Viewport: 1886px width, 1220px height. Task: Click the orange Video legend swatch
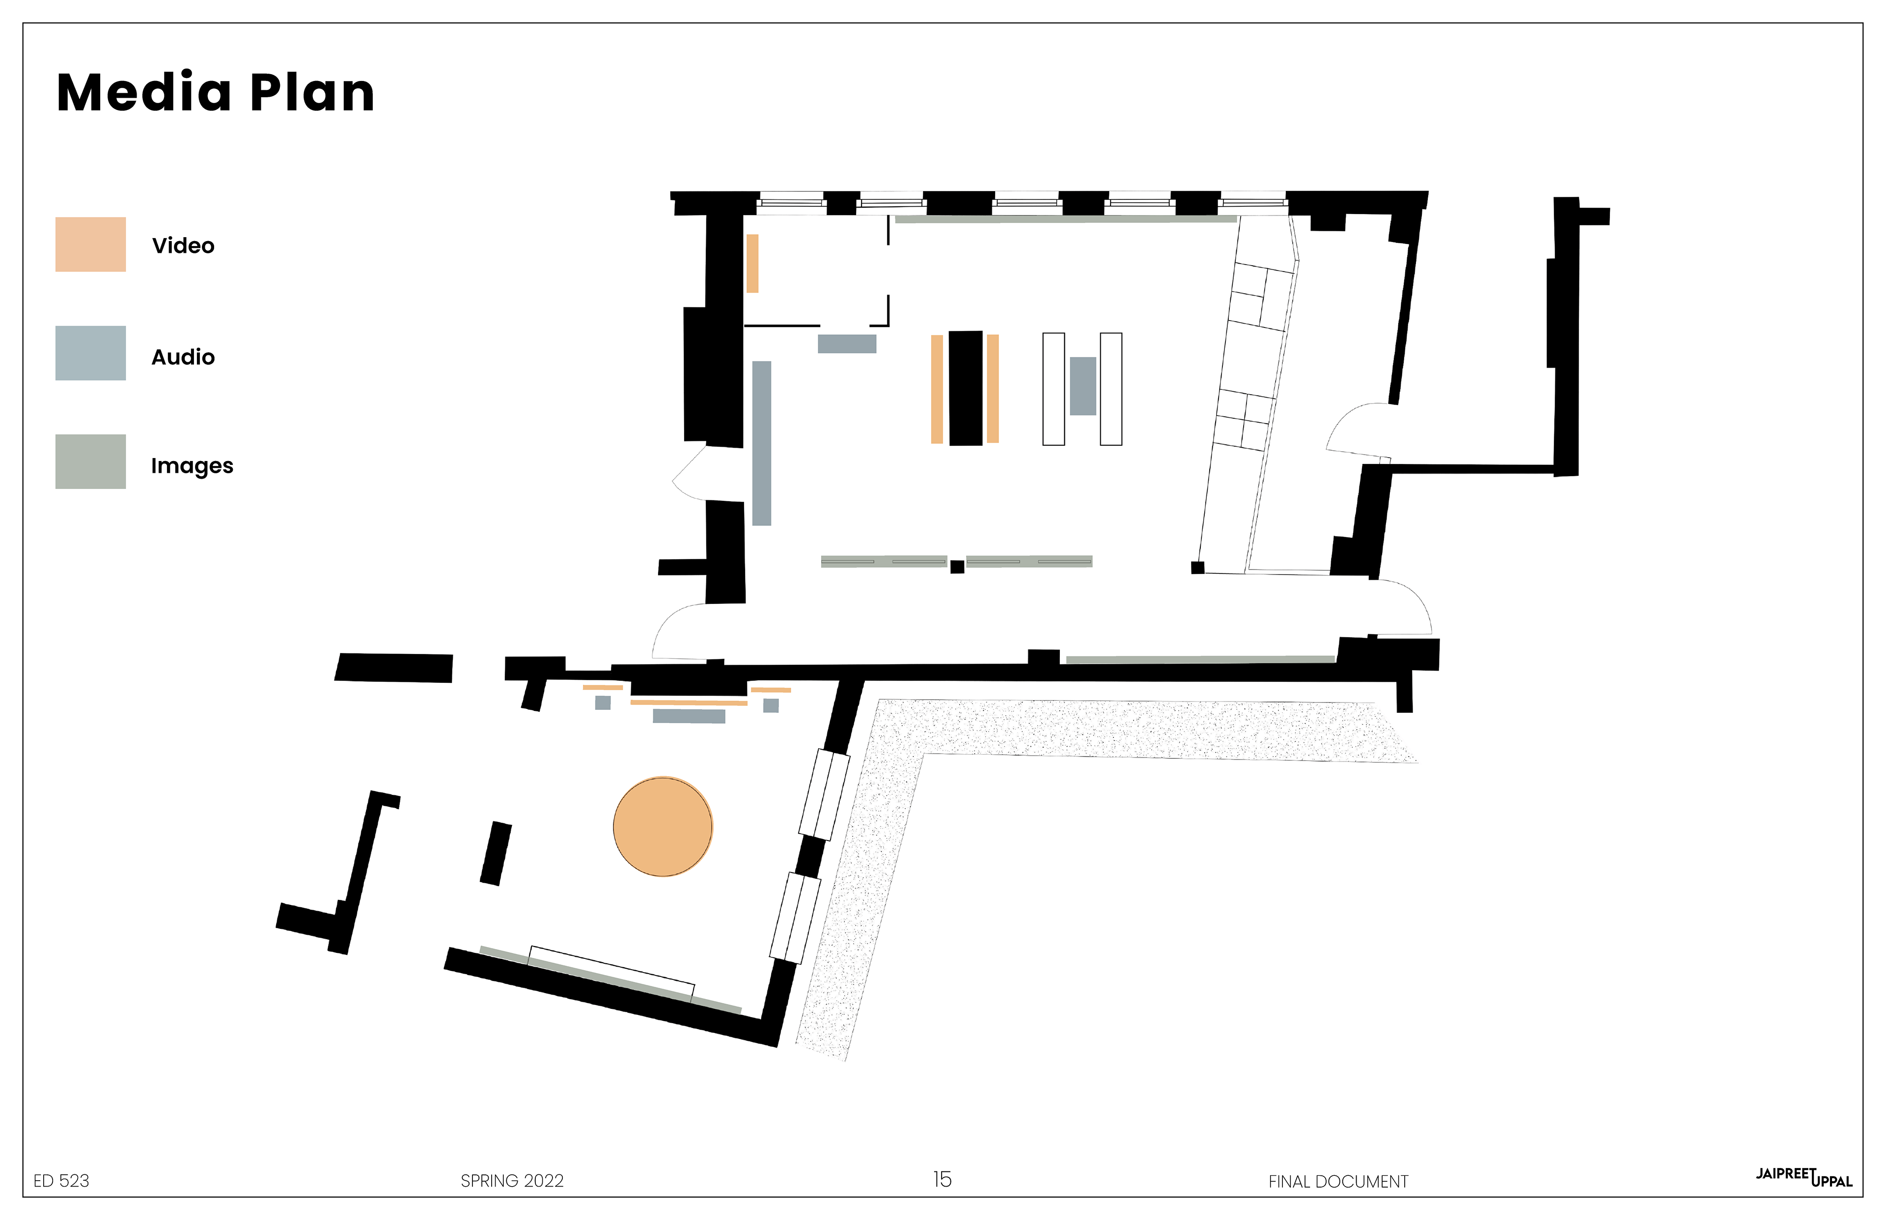coord(90,244)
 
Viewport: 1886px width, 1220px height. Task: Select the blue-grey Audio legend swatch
coord(90,352)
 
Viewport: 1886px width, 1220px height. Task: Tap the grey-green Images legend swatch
coord(90,461)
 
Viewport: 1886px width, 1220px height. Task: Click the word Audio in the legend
coord(183,357)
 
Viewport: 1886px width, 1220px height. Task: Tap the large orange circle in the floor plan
coord(663,826)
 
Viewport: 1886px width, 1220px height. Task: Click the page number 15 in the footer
coord(942,1180)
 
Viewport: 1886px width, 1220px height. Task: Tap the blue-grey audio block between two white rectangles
coord(1083,386)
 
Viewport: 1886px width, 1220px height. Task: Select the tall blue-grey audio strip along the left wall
coord(762,443)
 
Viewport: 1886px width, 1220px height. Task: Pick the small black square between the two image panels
coord(957,567)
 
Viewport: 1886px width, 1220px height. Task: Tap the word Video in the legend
coord(183,245)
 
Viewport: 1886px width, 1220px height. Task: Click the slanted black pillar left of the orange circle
coord(496,853)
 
